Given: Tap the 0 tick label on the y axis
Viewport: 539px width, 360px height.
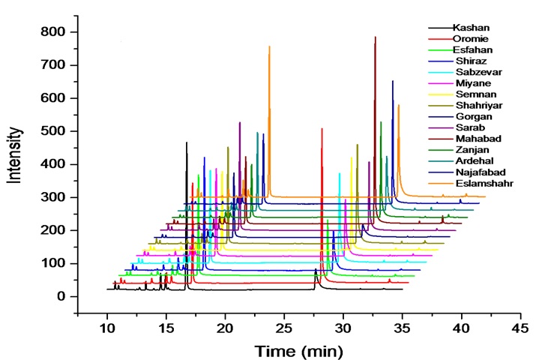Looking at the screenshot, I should click(x=62, y=296).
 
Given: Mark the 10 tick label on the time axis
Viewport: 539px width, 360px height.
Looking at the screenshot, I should click(x=107, y=328).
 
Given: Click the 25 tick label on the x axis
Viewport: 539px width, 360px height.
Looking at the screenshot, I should click(x=284, y=328).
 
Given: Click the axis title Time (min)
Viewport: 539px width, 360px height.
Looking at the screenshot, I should click(x=298, y=350).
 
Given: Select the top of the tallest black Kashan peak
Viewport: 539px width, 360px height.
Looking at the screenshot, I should click(x=187, y=142).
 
